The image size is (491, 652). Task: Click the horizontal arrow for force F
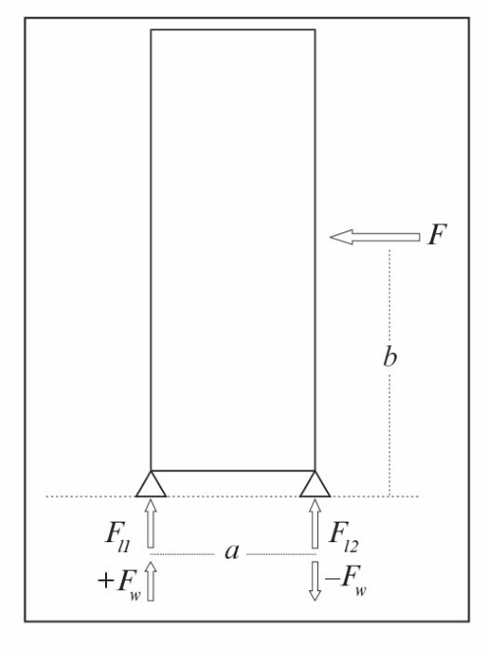375,237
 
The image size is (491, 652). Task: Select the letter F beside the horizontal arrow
437,234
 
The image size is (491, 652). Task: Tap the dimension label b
390,356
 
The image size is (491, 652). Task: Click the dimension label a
233,552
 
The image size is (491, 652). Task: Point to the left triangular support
151,484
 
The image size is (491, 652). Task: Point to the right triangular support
315,484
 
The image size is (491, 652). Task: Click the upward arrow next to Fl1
151,524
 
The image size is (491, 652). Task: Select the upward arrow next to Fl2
315,524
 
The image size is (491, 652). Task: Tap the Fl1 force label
118,536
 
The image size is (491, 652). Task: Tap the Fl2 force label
343,536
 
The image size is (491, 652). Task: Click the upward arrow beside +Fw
151,580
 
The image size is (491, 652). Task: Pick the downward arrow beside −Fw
315,580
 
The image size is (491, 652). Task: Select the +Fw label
119,583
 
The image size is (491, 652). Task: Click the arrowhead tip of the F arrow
330,237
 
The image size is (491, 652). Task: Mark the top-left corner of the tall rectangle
151,29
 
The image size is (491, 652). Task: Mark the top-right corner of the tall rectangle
315,29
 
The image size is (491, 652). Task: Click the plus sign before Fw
106,580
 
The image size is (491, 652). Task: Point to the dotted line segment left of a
183,554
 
